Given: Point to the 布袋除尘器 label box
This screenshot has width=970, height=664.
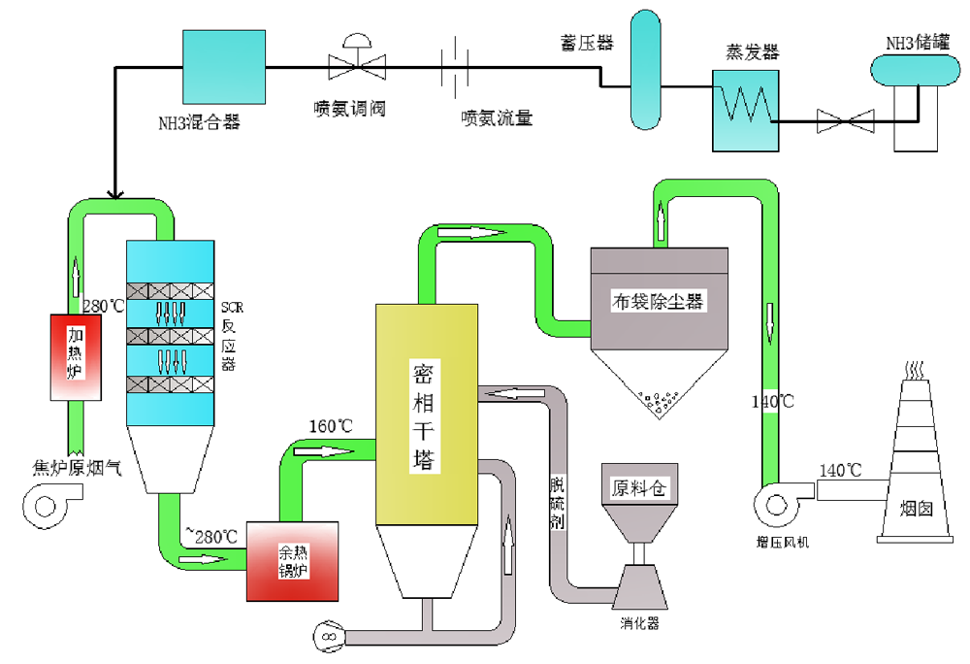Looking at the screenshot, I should [x=657, y=301].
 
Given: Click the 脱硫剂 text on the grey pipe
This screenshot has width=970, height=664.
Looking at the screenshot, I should [x=557, y=501].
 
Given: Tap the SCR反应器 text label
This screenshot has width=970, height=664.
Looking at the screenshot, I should [x=233, y=335].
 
